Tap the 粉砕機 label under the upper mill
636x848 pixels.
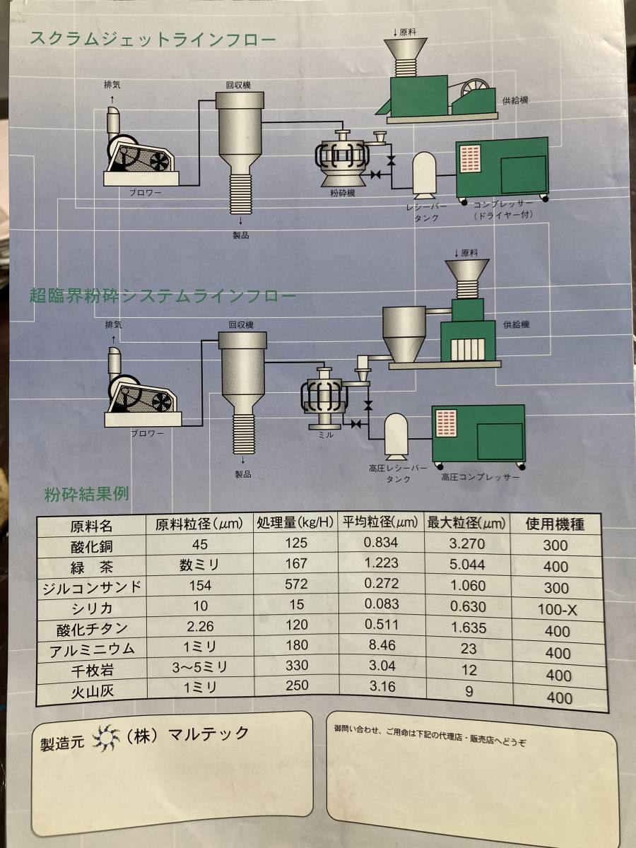coord(342,193)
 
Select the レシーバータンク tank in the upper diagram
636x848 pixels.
coord(425,173)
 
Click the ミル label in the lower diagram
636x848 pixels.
coord(326,435)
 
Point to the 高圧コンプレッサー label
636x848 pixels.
coord(481,477)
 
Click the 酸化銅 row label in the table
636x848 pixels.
coord(92,547)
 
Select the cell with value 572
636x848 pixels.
coord(296,584)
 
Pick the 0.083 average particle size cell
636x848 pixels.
coord(382,603)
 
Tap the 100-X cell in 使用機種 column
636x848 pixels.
coord(557,610)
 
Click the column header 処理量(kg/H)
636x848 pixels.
coord(295,523)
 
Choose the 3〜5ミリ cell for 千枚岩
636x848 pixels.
coord(200,667)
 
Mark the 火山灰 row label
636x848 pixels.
coord(93,692)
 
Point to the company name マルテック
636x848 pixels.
coord(208,734)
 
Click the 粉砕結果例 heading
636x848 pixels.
coord(86,494)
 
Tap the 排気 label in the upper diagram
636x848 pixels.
coord(112,84)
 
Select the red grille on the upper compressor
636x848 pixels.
coord(471,159)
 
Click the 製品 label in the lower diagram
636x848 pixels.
coord(243,474)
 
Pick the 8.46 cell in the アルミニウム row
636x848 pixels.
coord(382,644)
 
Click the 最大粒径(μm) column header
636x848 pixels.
coord(466,523)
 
